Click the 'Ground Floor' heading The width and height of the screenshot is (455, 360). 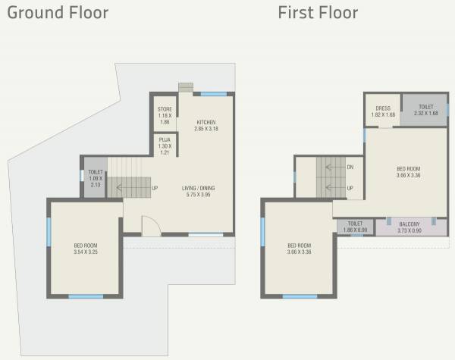(58, 13)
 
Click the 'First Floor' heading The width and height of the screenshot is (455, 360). (318, 13)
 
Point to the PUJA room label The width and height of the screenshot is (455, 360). (164, 140)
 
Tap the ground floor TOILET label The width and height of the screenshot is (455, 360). (95, 173)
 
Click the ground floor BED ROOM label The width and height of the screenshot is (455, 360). (85, 246)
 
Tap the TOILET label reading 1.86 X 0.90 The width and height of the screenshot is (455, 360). (355, 224)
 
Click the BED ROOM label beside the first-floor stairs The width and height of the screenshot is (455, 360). (408, 169)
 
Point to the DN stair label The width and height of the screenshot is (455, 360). (350, 167)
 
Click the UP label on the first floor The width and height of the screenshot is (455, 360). (350, 188)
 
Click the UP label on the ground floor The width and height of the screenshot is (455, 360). (155, 188)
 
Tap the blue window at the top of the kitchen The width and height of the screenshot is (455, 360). (213, 94)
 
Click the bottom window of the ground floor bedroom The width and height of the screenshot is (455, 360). (85, 296)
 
